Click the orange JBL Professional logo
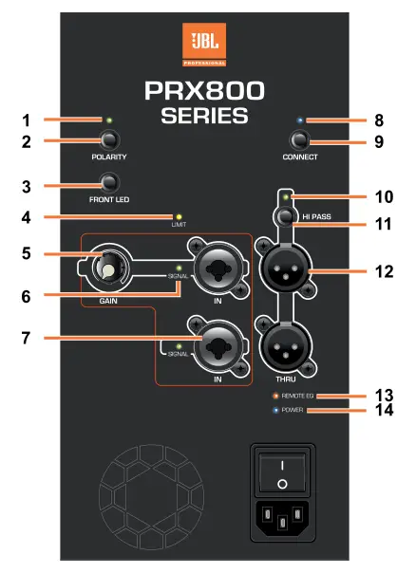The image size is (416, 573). [x=204, y=45]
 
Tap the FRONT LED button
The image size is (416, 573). [x=109, y=182]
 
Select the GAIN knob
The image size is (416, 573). [x=109, y=268]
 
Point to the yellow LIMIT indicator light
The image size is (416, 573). [x=179, y=217]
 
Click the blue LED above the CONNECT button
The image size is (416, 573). [x=300, y=120]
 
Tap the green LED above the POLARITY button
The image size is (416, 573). [x=108, y=120]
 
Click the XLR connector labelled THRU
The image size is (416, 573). [x=286, y=347]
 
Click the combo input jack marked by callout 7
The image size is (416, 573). [x=217, y=344]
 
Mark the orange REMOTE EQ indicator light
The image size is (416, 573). [x=275, y=396]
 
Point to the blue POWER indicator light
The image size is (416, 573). [x=275, y=410]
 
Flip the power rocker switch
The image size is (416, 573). [x=282, y=473]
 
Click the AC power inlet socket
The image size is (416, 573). [x=282, y=518]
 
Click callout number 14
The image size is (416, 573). [x=384, y=410]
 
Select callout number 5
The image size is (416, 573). [x=26, y=253]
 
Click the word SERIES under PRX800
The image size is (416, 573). [x=204, y=116]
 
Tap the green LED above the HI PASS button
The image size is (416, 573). [x=287, y=197]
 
